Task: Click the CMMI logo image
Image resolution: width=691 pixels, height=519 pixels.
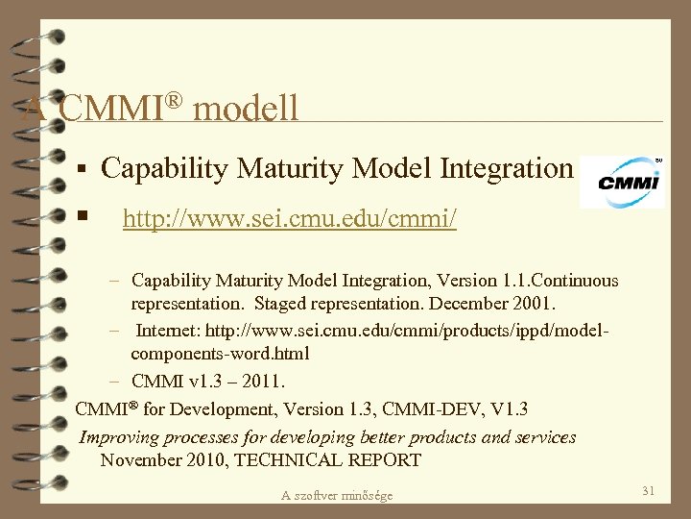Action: pyautogui.click(x=623, y=181)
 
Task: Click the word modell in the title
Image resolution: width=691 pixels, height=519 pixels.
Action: pyautogui.click(x=246, y=107)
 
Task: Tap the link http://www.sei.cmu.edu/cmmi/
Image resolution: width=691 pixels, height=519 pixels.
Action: pyautogui.click(x=290, y=220)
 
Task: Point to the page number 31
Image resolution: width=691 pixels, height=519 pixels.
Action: pyautogui.click(x=648, y=491)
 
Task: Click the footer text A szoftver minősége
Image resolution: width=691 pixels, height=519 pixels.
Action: pyautogui.click(x=337, y=495)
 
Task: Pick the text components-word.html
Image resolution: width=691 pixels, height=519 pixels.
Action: pyautogui.click(x=220, y=354)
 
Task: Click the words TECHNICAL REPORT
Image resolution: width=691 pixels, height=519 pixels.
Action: pyautogui.click(x=327, y=460)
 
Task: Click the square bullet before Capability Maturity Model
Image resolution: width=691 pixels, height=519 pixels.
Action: pyautogui.click(x=83, y=170)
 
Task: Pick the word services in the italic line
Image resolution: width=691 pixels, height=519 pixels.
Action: pyautogui.click(x=544, y=437)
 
